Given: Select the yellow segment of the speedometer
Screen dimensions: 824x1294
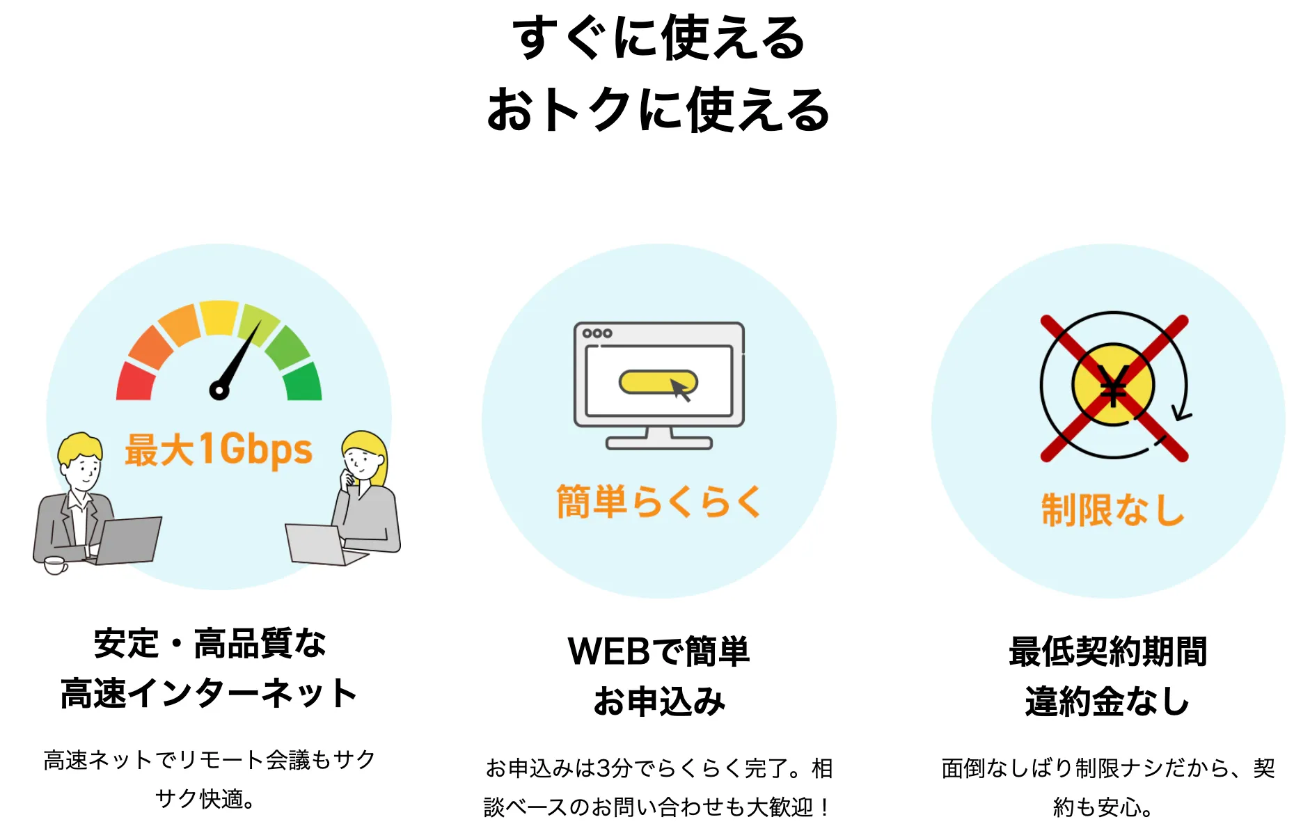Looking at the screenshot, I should pos(219,317).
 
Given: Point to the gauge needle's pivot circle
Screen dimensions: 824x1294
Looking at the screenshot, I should pos(219,390).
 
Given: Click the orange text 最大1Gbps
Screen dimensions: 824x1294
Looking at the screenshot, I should pos(219,449).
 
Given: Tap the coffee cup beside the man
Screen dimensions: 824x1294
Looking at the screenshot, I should pos(55,564).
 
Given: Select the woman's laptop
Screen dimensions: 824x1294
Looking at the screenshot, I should pos(317,544).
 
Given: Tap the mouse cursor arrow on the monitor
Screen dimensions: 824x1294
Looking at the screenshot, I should pos(680,390).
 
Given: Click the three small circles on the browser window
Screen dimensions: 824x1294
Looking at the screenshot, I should pos(597,333).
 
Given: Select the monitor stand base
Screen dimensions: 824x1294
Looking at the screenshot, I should pos(658,443).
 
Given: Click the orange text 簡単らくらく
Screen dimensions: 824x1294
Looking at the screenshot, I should pos(658,501).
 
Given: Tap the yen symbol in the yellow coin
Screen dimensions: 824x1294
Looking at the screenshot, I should pos(1113,385).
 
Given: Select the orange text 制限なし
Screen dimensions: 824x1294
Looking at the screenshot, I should pos(1112,509).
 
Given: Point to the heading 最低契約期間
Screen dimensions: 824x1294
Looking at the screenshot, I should pos(1107,651).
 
